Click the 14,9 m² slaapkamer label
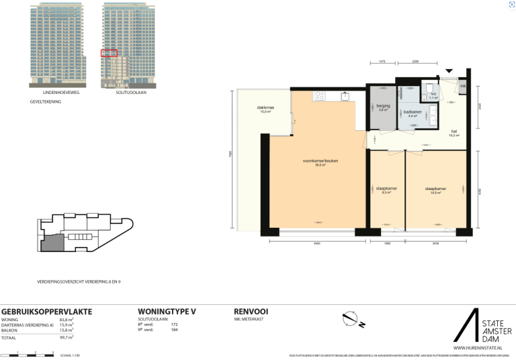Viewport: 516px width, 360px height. pyautogui.click(x=435, y=190)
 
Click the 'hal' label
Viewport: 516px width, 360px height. pyautogui.click(x=454, y=132)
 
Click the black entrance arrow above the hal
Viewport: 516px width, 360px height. pyautogui.click(x=449, y=71)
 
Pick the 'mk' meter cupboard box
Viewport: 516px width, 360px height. pyautogui.click(x=462, y=87)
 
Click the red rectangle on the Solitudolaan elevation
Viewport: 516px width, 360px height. pyautogui.click(x=109, y=52)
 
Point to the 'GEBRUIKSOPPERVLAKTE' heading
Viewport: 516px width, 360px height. pyautogui.click(x=47, y=312)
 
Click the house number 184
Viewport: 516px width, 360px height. pyautogui.click(x=174, y=329)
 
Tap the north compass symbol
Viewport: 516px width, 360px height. pyautogui.click(x=351, y=319)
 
